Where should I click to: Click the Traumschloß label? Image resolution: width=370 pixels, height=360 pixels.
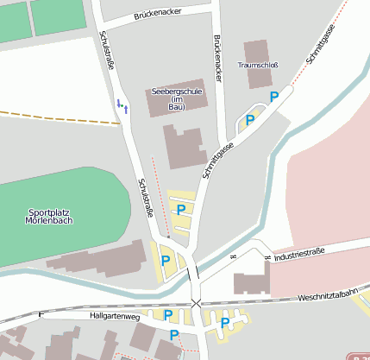pos(257,65)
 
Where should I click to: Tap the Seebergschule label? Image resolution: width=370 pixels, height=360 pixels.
pos(177,91)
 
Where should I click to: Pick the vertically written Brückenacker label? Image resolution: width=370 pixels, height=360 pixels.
pos(218,59)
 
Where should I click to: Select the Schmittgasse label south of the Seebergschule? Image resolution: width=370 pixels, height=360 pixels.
pos(218,161)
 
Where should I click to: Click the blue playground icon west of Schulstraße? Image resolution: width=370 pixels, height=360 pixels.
pos(122,105)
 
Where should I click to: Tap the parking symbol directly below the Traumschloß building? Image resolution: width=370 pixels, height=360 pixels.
pos(274,97)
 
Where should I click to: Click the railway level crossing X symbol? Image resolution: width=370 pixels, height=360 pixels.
pos(197,303)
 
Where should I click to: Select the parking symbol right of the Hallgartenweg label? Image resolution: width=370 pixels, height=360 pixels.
pos(168,315)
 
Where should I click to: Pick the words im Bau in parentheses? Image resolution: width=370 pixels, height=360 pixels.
pos(177,104)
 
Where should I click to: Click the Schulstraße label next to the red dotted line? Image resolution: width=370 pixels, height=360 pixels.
pos(146,199)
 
